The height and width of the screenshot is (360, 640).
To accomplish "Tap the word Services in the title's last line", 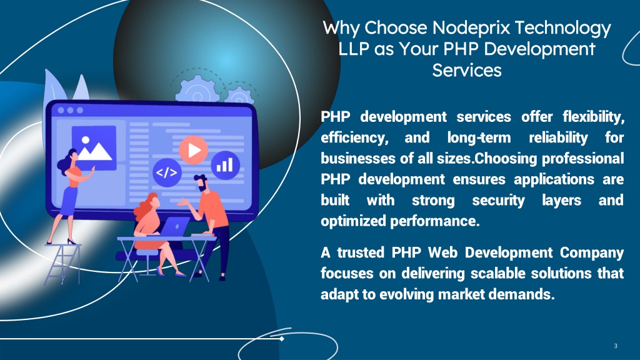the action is [x=467, y=70].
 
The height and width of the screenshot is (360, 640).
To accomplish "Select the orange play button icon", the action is [x=194, y=150].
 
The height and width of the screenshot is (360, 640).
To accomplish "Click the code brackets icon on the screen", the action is [x=167, y=172].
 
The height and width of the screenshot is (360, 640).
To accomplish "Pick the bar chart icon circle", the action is [x=225, y=164].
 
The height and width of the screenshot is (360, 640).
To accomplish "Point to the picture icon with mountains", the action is [x=94, y=147].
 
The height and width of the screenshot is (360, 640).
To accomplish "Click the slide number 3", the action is [x=616, y=346].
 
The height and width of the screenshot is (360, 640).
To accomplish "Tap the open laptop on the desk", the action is [x=174, y=226].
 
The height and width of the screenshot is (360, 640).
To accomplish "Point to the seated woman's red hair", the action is [x=145, y=207].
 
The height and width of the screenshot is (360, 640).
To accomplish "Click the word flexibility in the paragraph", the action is [x=594, y=117].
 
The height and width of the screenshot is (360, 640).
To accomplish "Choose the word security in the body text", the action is [x=498, y=201].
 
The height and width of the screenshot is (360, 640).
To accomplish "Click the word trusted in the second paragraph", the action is [x=361, y=252].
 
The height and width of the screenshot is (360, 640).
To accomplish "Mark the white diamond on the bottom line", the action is [x=282, y=338].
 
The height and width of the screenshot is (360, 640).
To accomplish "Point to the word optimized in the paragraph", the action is [x=353, y=221].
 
